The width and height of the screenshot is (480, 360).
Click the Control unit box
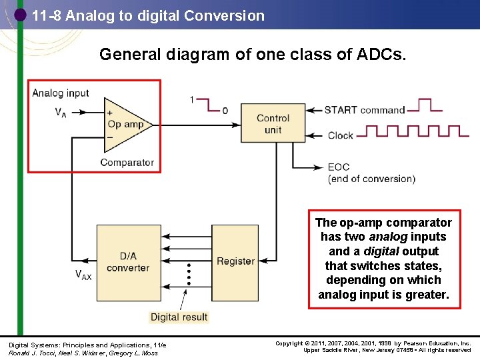coord(273,123)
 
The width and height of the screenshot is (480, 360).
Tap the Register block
coord(235,261)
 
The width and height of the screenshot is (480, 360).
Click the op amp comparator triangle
coord(123,124)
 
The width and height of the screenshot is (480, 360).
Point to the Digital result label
coord(179,317)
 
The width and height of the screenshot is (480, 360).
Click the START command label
coord(365,110)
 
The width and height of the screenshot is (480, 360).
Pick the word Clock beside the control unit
coord(340,135)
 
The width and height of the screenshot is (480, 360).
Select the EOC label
coord(338,167)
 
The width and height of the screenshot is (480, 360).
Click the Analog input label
coord(61,93)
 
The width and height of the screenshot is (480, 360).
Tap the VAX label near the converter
coord(83,275)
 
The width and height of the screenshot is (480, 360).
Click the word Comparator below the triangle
coord(127,163)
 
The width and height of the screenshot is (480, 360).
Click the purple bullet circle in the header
coord(21,14)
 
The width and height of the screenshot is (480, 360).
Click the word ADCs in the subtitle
coord(383,55)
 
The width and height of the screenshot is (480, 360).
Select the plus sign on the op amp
coord(109,113)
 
